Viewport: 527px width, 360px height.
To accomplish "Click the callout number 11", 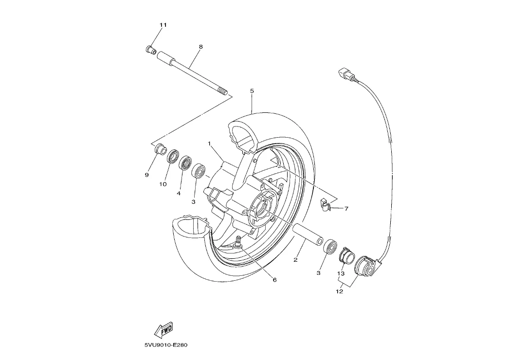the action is click(x=163, y=25).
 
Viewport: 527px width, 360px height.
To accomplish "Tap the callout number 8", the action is click(x=201, y=47).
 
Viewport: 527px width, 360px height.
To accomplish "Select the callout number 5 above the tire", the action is click(x=252, y=91).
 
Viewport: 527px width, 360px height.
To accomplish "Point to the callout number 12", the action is click(x=340, y=291).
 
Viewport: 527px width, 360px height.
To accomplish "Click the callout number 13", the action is click(x=341, y=273).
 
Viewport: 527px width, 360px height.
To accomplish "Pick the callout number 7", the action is click(x=346, y=209).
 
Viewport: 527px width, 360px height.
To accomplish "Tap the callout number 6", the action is click(x=274, y=280).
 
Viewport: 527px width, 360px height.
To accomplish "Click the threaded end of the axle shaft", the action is click(x=222, y=91).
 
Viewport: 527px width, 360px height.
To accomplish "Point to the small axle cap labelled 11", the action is click(x=151, y=50).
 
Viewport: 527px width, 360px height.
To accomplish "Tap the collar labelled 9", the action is click(x=160, y=149).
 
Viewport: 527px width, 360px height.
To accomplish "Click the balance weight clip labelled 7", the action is click(x=325, y=205).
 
